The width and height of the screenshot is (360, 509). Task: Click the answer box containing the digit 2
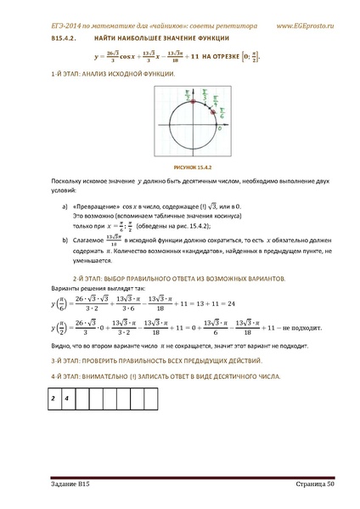click(x=53, y=397)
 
